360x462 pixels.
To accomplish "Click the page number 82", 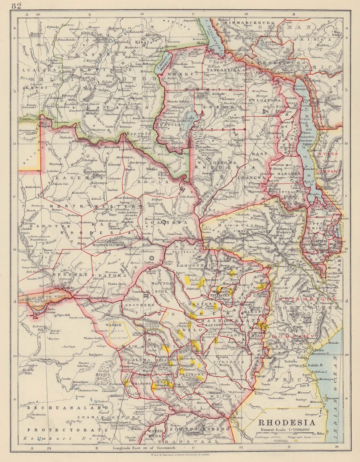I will coord(16,5).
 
